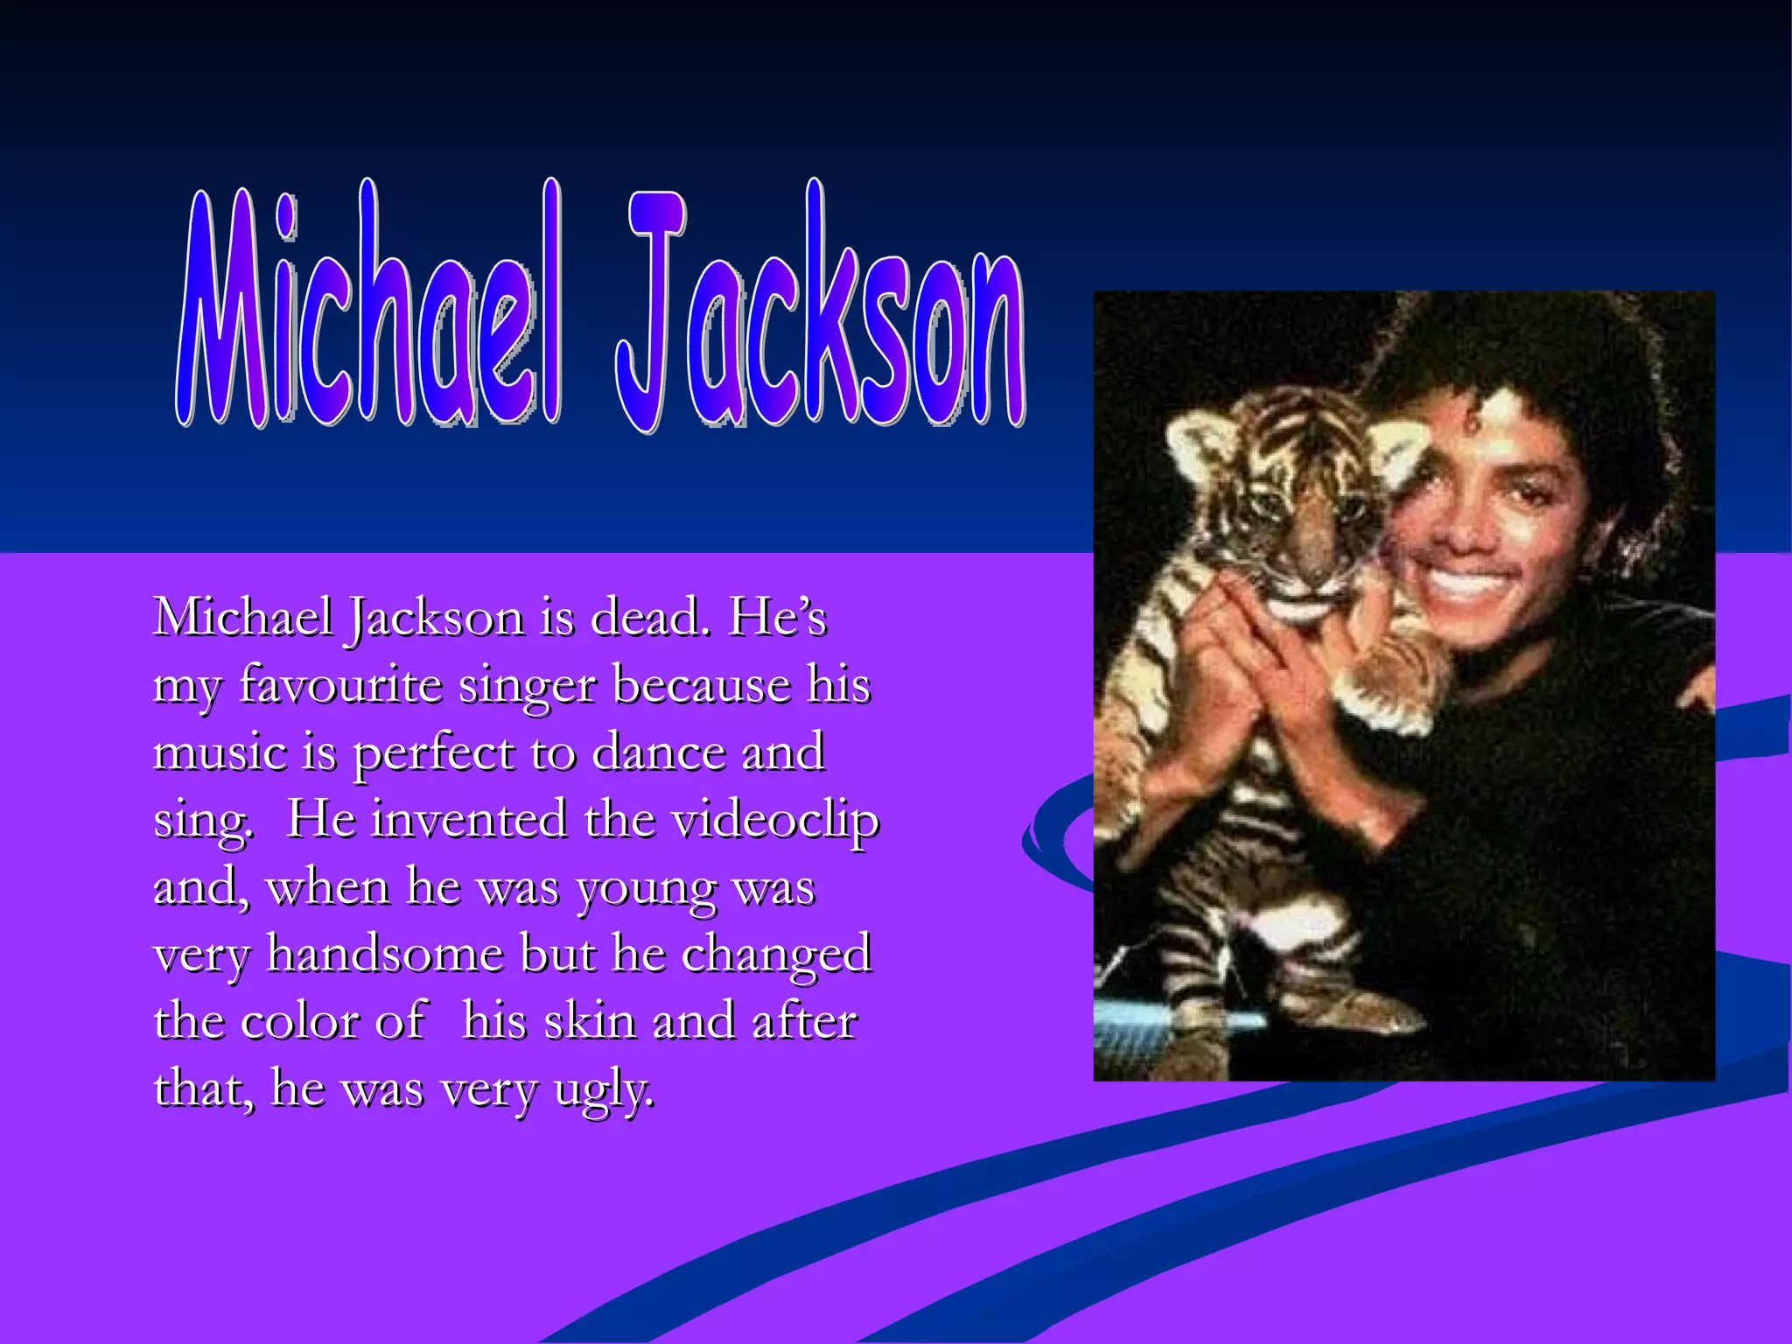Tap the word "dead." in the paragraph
647,618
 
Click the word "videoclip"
774,821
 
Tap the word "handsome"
385,954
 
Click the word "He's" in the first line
777,618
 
